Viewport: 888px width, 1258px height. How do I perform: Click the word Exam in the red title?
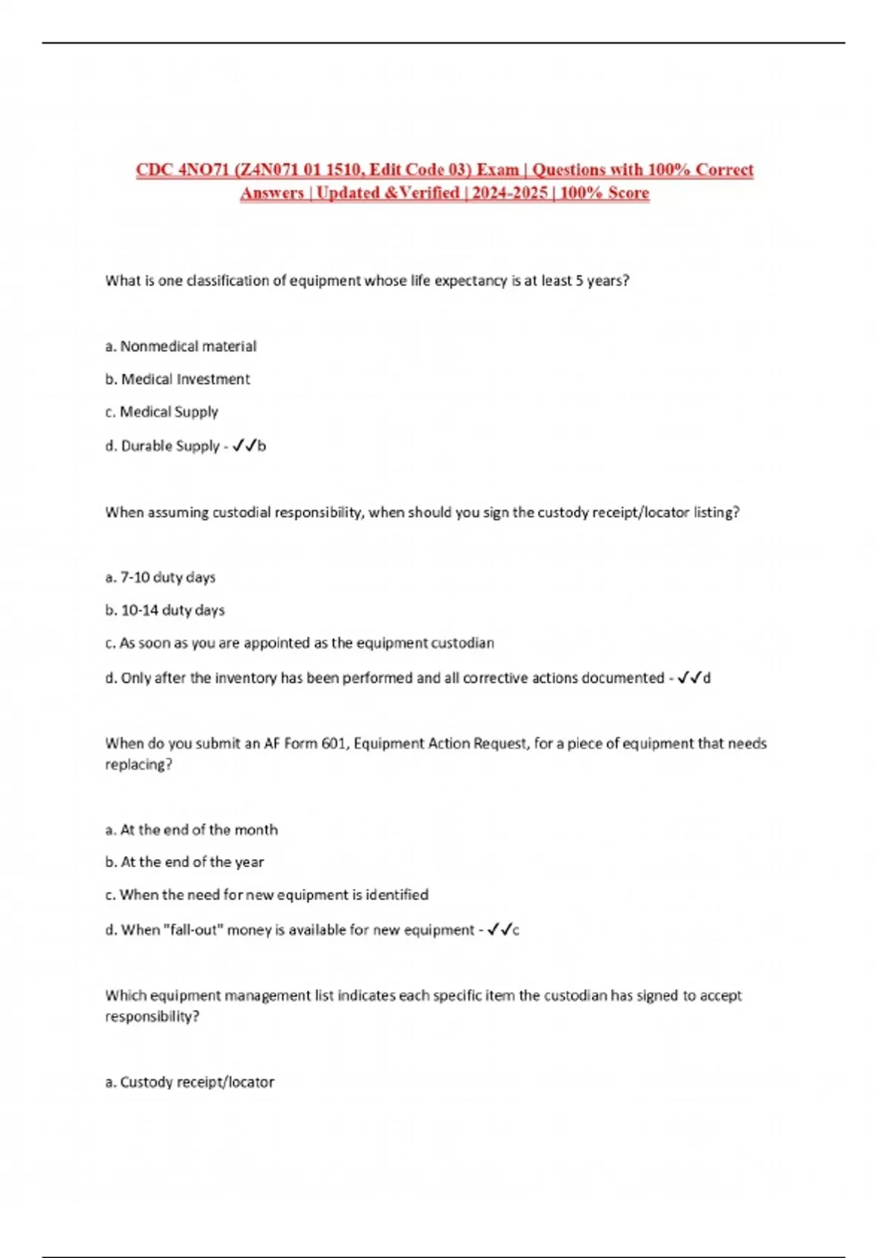click(497, 169)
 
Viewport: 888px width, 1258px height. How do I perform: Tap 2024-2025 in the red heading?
click(510, 193)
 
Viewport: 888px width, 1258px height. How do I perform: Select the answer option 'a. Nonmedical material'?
click(181, 346)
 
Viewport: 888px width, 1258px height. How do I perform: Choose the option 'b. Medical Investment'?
click(178, 379)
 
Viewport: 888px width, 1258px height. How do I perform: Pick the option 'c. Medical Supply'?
click(161, 411)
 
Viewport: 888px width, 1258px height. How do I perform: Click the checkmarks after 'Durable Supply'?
click(245, 445)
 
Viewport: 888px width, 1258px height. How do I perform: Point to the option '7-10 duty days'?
click(161, 577)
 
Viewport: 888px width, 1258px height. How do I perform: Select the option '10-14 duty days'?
click(165, 610)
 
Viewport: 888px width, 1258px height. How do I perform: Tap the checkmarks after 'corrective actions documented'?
click(690, 678)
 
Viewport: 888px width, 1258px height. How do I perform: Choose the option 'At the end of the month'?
click(192, 830)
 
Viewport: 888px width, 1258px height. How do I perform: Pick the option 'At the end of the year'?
click(185, 862)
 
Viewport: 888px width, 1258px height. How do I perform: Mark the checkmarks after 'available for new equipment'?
click(499, 929)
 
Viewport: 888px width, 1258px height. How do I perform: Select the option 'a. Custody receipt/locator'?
click(189, 1082)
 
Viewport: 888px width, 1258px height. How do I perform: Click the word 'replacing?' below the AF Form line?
click(138, 764)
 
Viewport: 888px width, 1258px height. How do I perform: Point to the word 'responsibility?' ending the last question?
click(152, 1017)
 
